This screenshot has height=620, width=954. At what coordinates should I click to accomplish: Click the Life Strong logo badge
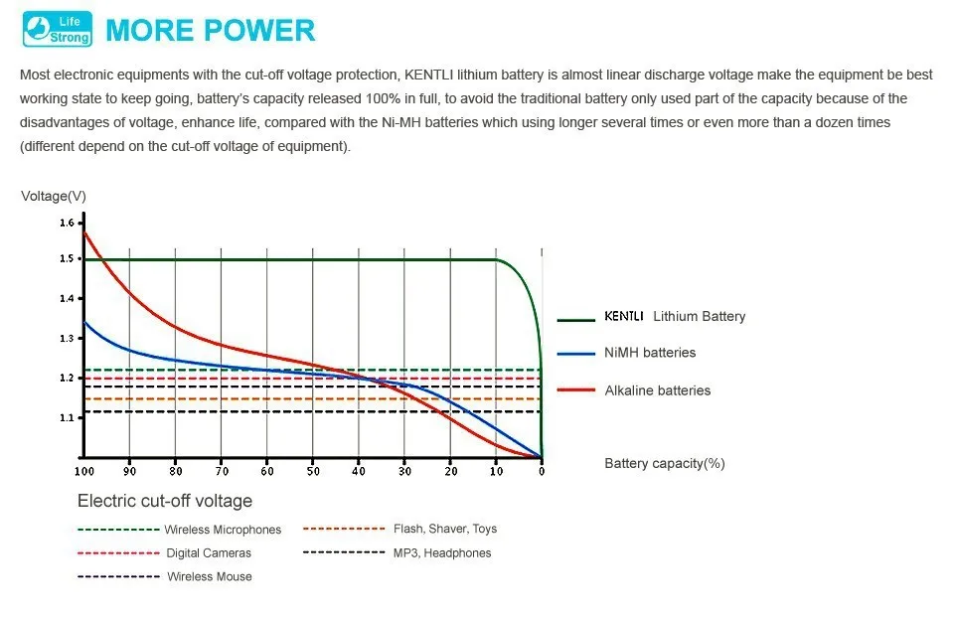56,29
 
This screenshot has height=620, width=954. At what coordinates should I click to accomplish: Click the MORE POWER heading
210,30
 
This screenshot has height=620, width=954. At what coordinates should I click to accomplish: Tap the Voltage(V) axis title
54,196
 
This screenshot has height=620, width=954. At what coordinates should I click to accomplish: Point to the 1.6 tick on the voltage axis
67,224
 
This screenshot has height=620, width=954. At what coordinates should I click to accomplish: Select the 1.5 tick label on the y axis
67,259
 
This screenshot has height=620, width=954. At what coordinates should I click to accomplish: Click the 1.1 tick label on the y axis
67,418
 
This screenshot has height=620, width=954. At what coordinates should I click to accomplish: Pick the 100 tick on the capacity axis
83,471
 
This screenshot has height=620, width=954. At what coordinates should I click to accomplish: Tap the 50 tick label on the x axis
313,471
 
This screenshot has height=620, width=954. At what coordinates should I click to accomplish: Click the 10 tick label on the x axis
496,471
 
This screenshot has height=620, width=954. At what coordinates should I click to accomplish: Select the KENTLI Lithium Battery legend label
675,317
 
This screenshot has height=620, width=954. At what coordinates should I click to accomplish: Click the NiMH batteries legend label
650,353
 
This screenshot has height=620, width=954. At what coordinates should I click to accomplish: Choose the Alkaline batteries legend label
658,390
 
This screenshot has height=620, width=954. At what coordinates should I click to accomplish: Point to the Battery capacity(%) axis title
664,464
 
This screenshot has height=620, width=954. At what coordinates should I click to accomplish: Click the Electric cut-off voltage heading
165,501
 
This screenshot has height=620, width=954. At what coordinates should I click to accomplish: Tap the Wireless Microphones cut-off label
223,530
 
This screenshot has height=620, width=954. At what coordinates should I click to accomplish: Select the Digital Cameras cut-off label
209,552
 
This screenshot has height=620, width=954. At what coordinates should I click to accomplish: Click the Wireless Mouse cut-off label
210,576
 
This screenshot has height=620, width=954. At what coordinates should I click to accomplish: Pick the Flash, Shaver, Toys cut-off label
452,529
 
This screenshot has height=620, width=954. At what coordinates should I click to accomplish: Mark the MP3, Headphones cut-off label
442,552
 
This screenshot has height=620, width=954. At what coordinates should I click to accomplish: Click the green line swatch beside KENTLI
575,320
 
